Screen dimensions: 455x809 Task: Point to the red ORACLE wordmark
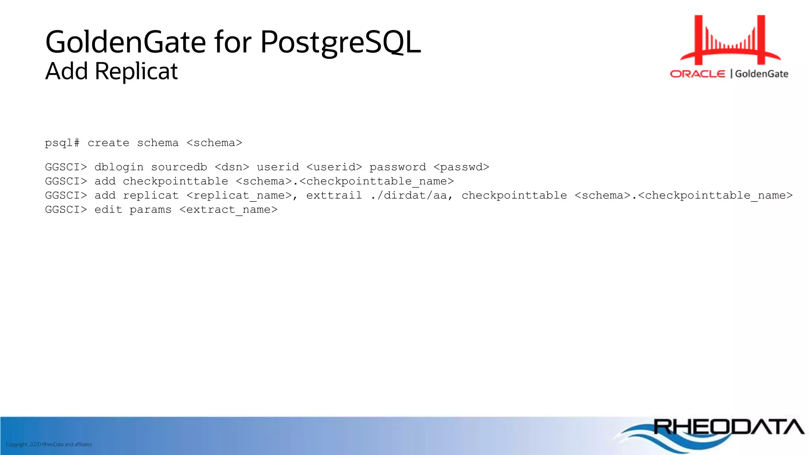tap(698, 74)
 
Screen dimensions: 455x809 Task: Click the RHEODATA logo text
tap(728, 427)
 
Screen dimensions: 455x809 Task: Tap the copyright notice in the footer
tap(49, 444)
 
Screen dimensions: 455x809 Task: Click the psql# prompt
tap(62, 143)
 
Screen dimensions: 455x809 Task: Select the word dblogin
tap(119, 167)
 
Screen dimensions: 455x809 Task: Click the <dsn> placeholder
tap(232, 167)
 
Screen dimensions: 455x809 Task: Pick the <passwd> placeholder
tap(461, 167)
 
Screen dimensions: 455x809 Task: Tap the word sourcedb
tap(179, 167)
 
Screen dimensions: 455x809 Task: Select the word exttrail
tap(334, 196)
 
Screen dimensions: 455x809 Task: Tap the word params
tap(151, 210)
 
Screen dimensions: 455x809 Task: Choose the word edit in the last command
tap(108, 210)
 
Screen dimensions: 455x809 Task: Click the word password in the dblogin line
tap(397, 167)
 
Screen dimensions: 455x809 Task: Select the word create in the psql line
tap(108, 143)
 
